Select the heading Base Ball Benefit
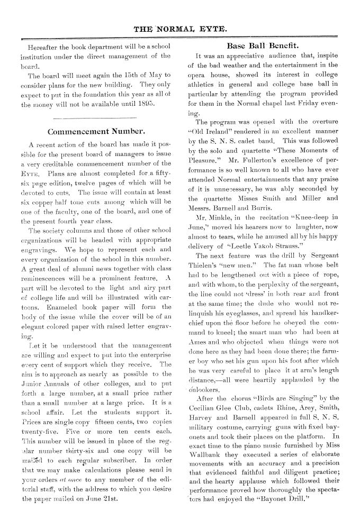point(263,45)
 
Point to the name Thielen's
point(206,251)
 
